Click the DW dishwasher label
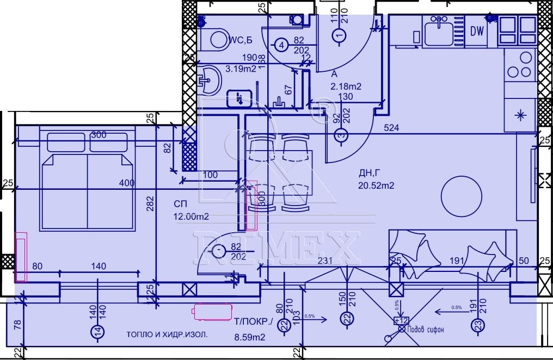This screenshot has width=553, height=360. coord(477,32)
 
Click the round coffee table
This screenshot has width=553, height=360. coord(460,196)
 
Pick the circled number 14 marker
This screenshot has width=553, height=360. coord(97,331)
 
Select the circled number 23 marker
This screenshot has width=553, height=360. coord(477,325)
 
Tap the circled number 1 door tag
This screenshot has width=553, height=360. coord(339,36)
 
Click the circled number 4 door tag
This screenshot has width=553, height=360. coord(281,45)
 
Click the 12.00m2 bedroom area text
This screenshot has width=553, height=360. coord(191,216)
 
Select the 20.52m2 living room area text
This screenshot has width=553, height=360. coord(376,185)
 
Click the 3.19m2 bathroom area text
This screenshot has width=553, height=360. coord(241,69)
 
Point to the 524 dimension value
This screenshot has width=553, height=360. coord(391,128)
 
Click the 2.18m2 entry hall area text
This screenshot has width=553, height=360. coord(346,86)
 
